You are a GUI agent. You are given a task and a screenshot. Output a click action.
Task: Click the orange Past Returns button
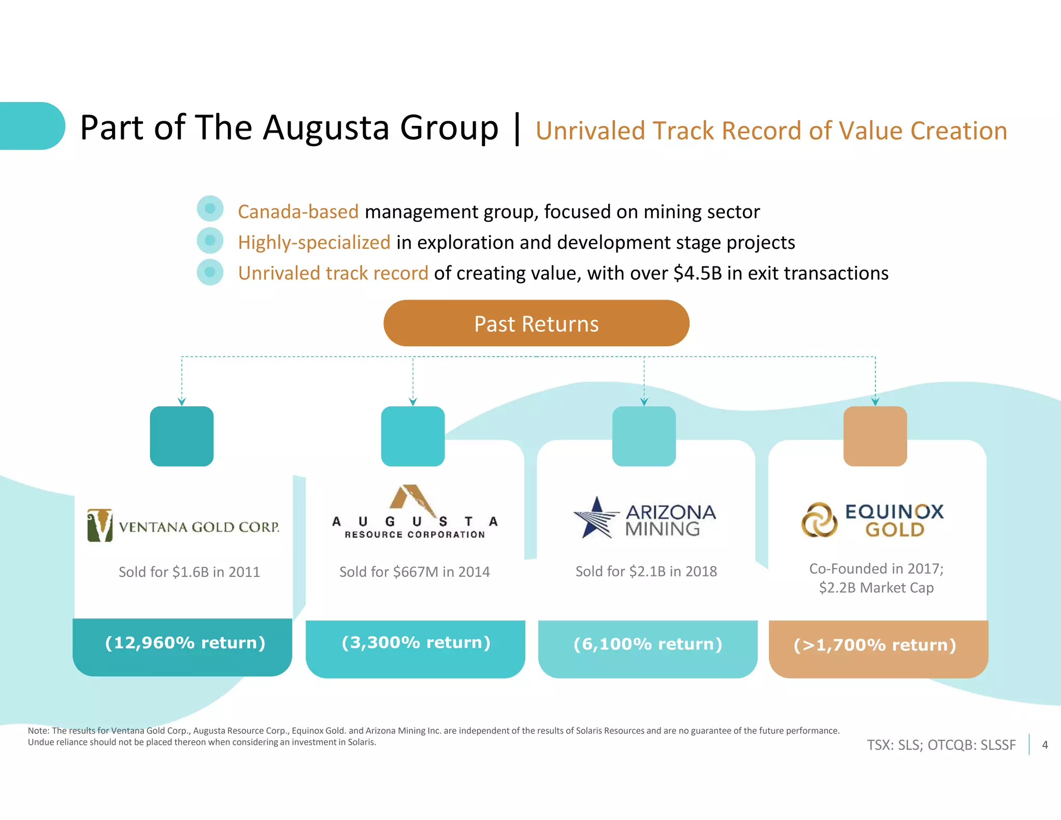coord(536,323)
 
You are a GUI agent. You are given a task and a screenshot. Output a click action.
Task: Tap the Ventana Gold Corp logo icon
coord(100,525)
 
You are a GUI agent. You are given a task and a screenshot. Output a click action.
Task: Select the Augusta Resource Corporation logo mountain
coord(412,498)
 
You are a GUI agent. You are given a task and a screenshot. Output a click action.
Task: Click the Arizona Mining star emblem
coord(596,517)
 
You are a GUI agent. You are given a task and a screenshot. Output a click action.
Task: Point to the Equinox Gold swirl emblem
coord(819,519)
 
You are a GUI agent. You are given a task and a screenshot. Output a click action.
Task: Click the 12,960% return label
coord(185,643)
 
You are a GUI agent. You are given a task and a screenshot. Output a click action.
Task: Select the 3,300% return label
coord(415,643)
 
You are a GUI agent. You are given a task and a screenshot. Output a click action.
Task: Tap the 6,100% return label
coord(648,644)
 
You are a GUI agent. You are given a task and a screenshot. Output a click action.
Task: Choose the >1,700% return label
coord(874,645)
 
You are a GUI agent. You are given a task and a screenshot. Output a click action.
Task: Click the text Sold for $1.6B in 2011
coord(189,572)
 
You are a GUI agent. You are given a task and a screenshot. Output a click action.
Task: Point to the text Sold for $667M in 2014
coord(414,572)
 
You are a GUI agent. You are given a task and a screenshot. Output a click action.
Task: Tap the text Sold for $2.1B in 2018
coord(646,571)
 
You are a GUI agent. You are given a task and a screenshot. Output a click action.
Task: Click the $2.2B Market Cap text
coord(876,588)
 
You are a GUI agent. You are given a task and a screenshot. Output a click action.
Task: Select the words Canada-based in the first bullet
coord(298,212)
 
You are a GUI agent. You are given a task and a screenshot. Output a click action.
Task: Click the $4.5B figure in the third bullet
coord(697,273)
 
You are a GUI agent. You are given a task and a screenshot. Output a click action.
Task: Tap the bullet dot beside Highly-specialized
coord(210,241)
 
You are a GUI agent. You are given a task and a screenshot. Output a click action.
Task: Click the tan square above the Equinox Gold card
coord(875,436)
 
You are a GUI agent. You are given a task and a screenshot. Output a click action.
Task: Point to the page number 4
coord(1045,745)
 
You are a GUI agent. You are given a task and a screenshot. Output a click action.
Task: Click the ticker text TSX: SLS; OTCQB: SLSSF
coord(941,745)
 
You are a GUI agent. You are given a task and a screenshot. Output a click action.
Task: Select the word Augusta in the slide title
coord(325,128)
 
